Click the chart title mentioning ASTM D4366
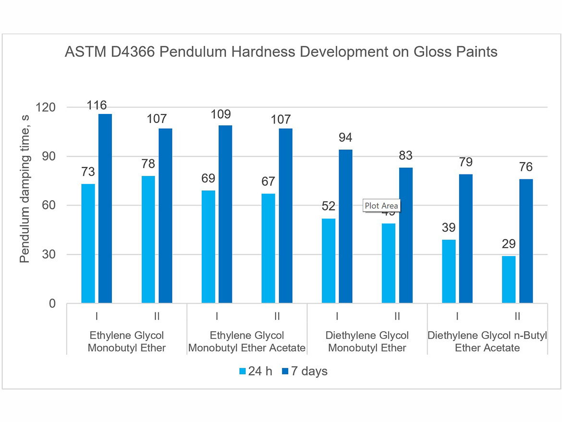tap(281, 52)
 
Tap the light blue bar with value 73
tap(88, 243)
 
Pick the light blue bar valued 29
tap(509, 279)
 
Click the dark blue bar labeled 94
tap(345, 226)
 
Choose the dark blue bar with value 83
tap(405, 235)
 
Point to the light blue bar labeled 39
tap(449, 271)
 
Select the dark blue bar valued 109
tap(225, 214)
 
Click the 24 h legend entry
tap(256, 371)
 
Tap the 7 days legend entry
tap(305, 371)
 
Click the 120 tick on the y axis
tap(46, 107)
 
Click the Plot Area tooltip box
tap(381, 206)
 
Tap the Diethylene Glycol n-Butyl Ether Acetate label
tap(487, 341)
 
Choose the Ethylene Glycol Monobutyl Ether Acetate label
tap(247, 341)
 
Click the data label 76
tap(525, 167)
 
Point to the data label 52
tap(329, 207)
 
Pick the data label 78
tap(148, 164)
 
